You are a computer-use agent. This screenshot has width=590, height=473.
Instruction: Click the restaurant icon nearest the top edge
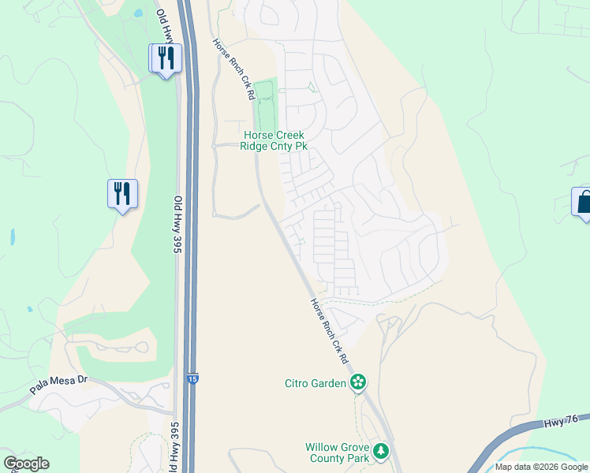[165, 58]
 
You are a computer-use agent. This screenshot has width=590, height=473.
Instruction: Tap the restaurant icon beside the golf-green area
[122, 193]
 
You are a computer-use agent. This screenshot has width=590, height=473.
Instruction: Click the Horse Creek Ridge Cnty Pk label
[274, 141]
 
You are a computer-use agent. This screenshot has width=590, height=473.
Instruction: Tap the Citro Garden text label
[316, 384]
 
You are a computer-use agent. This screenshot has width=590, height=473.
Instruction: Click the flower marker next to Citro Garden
[358, 383]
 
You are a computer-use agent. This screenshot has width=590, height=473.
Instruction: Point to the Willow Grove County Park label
[338, 453]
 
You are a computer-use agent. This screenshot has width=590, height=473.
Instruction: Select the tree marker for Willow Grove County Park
[381, 451]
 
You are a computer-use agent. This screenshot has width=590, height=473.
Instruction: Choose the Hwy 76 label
[559, 423]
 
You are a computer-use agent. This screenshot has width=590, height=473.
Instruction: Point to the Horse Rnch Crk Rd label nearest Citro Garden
[329, 329]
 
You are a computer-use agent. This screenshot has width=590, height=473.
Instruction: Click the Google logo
[26, 464]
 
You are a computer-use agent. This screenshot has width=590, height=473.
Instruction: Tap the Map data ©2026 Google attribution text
[541, 467]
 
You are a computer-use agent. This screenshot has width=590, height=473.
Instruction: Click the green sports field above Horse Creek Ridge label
[265, 106]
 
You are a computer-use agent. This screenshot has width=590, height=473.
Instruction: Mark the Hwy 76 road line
[505, 445]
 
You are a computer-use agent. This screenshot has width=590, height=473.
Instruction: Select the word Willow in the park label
[323, 447]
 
